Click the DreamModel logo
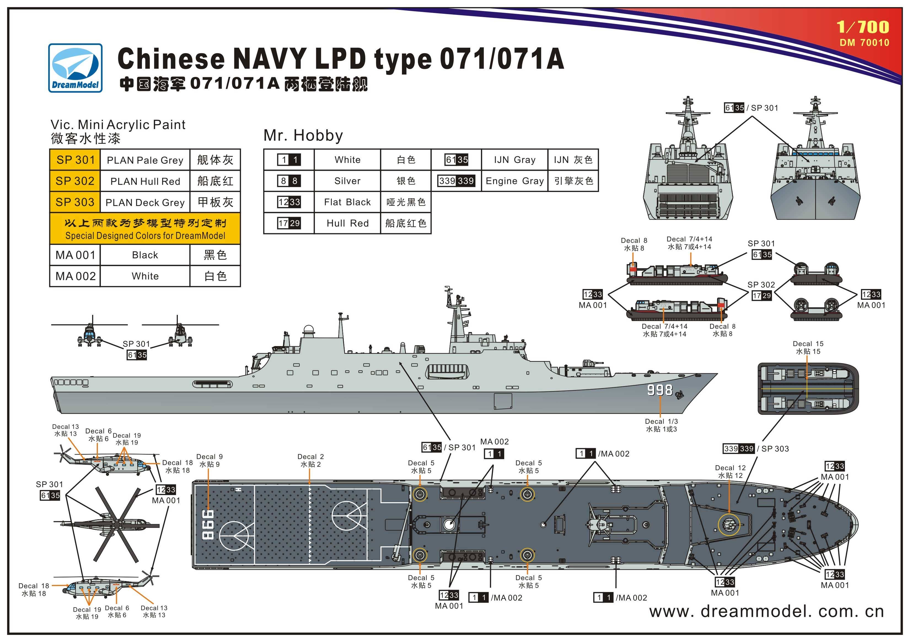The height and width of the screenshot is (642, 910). click(75, 68)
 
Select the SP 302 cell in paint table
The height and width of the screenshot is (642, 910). click(75, 181)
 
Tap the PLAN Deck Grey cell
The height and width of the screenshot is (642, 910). click(145, 203)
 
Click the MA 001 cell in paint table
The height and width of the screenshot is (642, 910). click(75, 255)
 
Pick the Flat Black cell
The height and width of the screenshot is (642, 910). click(347, 202)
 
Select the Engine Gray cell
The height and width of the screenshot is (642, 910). click(514, 181)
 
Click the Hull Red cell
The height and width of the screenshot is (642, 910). click(347, 223)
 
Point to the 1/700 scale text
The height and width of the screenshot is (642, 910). click(862, 27)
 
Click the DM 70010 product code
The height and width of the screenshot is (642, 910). click(864, 42)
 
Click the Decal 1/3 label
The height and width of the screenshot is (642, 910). click(661, 425)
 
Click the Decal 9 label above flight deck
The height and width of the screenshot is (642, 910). click(209, 460)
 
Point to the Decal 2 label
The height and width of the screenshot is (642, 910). click(310, 460)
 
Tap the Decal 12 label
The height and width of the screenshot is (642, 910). click(730, 472)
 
